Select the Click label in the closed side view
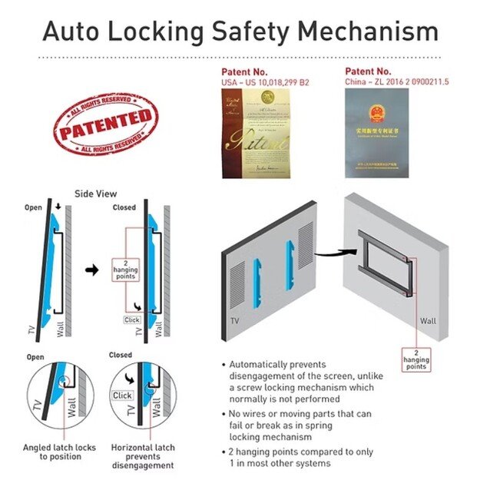(x=131, y=319)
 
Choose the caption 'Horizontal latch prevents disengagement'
(x=142, y=456)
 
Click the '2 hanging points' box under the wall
(x=415, y=359)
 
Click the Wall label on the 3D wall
(x=428, y=321)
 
